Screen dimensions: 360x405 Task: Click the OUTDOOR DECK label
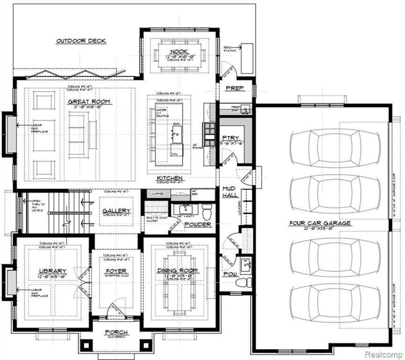click(81, 41)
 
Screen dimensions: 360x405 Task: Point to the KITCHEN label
click(169, 179)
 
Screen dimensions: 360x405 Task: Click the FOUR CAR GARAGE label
click(320, 223)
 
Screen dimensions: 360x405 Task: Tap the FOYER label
click(116, 271)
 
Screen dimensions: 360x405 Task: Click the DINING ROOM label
click(177, 270)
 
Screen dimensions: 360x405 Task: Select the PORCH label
click(116, 332)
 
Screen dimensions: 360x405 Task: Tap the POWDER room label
click(197, 225)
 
